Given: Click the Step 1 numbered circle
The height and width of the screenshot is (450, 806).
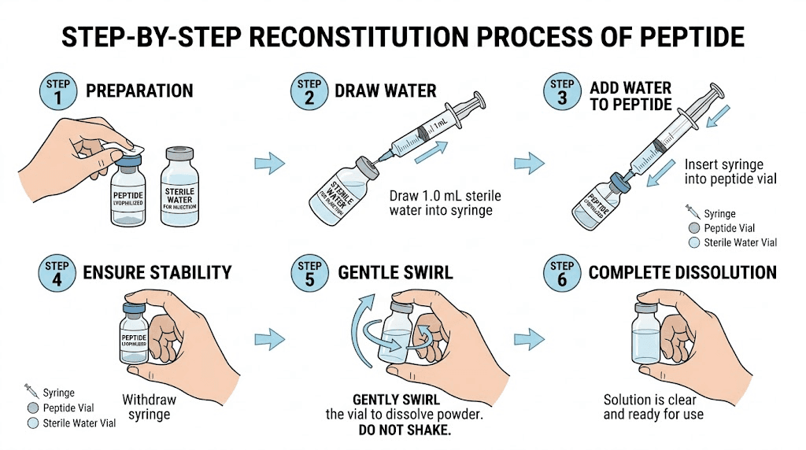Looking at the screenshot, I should (57, 91).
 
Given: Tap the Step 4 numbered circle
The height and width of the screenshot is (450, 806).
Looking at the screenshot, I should (57, 273).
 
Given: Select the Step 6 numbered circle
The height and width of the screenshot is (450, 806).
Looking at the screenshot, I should (560, 273).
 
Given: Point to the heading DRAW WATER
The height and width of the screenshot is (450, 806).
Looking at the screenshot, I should (385, 90).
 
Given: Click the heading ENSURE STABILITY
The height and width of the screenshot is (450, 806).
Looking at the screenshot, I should (157, 273).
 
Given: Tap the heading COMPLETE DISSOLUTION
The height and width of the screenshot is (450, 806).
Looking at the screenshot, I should (682, 273).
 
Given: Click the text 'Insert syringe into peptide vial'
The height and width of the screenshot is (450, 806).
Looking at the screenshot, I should (730, 172).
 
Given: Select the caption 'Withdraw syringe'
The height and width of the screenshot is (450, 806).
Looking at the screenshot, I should (149, 407).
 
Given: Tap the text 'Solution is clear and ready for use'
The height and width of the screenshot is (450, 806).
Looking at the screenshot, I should (653, 407).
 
